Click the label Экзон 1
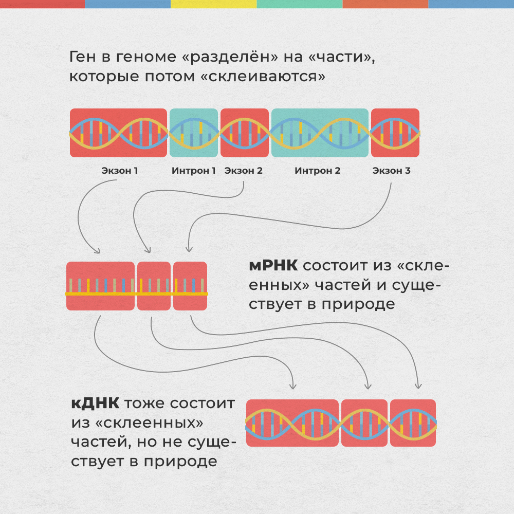[x=119, y=171]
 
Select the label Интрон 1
[x=194, y=171]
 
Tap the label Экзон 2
[x=244, y=171]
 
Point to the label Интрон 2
[x=318, y=171]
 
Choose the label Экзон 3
[x=392, y=171]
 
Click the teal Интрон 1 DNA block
[x=194, y=133]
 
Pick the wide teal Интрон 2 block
[x=320, y=133]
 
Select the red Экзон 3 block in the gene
[x=395, y=133]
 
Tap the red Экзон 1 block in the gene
[x=119, y=133]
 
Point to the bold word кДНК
[x=95, y=403]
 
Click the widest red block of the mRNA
[x=101, y=286]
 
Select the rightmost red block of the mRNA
[x=190, y=286]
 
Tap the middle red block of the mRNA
[x=154, y=286]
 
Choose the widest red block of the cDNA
[x=292, y=423]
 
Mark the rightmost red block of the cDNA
[x=413, y=423]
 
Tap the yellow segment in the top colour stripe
[x=213, y=4]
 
